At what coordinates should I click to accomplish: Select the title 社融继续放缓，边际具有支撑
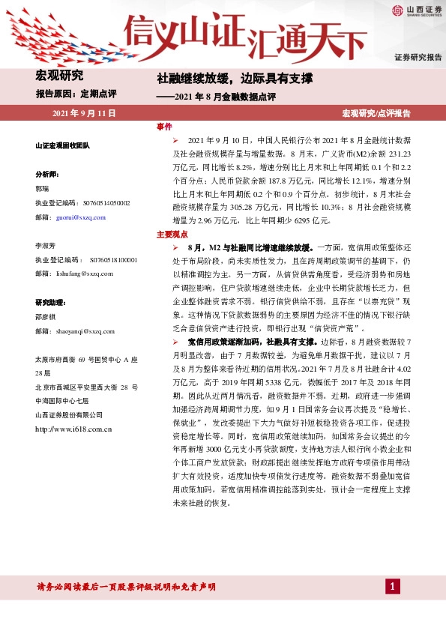[234, 78]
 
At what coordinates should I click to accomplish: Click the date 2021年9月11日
[84, 113]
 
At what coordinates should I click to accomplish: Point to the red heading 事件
[164, 126]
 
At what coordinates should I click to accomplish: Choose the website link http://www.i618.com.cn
[73, 429]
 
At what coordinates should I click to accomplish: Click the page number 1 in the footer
[391, 585]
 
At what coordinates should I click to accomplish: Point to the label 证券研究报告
[418, 57]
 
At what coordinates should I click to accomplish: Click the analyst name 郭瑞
[42, 188]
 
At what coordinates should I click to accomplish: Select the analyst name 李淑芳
[45, 245]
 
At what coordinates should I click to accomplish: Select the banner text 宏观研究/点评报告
[376, 113]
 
